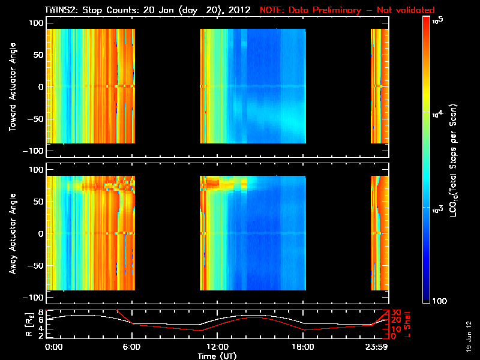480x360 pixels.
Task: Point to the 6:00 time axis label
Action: (x=132, y=347)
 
